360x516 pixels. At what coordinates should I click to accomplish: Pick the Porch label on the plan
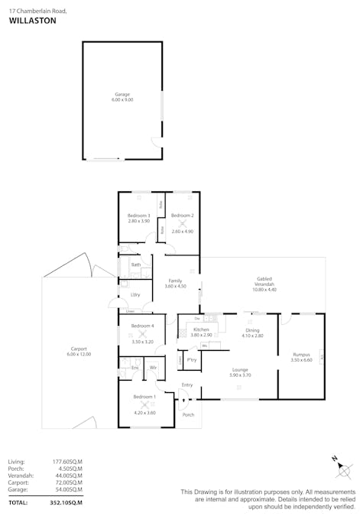click(x=189, y=414)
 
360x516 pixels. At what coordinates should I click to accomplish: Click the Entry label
click(x=187, y=385)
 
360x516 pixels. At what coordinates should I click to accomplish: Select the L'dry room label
click(x=135, y=294)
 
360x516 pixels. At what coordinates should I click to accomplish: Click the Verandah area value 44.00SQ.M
click(x=67, y=475)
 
